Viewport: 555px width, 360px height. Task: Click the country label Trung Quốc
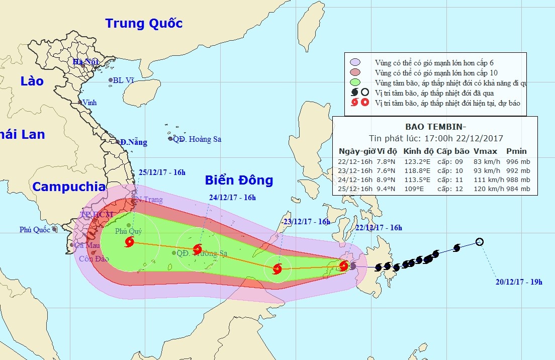pos(144,23)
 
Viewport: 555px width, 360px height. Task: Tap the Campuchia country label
pos(69,187)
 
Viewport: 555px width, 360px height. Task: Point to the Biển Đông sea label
pos(239,180)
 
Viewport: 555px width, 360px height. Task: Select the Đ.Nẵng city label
pos(133,142)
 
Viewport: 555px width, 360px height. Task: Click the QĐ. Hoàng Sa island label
pos(197,139)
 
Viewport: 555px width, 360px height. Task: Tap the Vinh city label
pos(89,103)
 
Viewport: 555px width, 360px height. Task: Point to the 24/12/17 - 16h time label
pos(232,198)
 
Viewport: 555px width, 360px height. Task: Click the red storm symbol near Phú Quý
pos(129,242)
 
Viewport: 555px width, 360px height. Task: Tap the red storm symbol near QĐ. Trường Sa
pos(198,249)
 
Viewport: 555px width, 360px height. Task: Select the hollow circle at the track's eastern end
pos(480,242)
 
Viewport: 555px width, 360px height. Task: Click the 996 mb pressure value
pos(518,162)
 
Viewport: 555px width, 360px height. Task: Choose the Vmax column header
pos(486,151)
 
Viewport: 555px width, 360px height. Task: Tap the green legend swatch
pos(355,82)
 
